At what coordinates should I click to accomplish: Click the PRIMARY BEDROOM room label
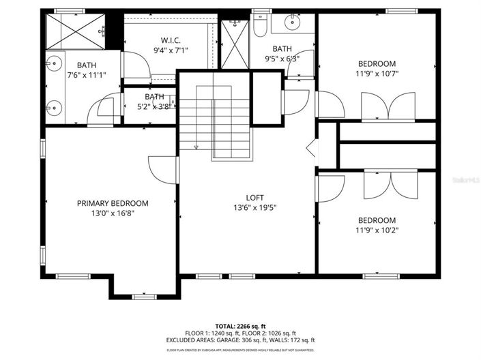coord(112,203)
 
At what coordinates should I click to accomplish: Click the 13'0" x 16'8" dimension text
coord(112,213)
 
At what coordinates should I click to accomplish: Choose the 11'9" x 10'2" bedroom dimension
coord(377,230)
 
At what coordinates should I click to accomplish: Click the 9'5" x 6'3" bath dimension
coord(282,59)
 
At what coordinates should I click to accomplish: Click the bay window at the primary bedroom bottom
coord(144,295)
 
